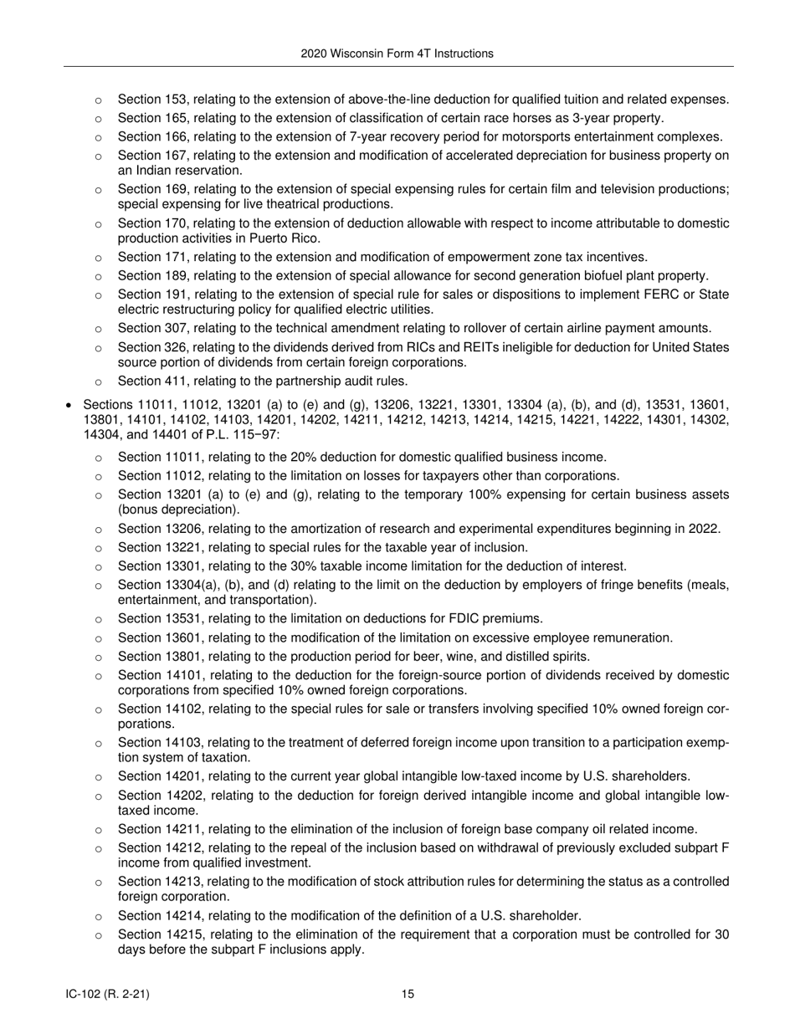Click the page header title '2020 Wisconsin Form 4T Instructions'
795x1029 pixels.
(x=397, y=54)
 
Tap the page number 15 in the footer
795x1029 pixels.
(x=408, y=994)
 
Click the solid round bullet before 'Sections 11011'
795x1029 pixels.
(x=69, y=405)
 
